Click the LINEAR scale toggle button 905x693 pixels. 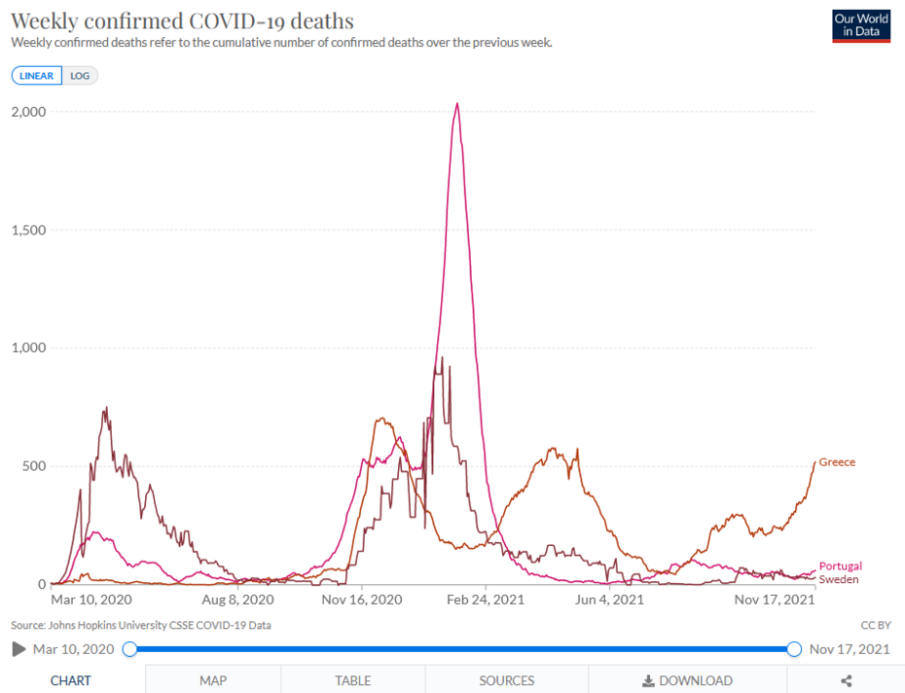click(x=37, y=76)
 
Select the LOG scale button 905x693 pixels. click(x=80, y=76)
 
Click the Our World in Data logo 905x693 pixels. click(x=861, y=26)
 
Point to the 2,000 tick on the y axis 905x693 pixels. click(x=28, y=112)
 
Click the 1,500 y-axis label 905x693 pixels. click(x=28, y=230)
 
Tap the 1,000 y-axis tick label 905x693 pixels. click(x=28, y=347)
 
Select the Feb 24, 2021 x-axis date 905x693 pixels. click(x=486, y=600)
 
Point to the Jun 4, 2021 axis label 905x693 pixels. click(x=609, y=600)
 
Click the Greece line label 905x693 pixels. click(x=837, y=462)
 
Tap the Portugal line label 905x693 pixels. click(x=840, y=566)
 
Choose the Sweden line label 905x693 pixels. click(x=838, y=579)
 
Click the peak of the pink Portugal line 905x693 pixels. click(x=457, y=104)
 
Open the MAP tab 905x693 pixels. click(x=213, y=680)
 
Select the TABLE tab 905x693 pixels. click(x=352, y=680)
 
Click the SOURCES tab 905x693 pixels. click(x=506, y=680)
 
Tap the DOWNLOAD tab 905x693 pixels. click(x=688, y=680)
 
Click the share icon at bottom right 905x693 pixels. click(x=847, y=680)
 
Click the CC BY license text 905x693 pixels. click(x=875, y=625)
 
